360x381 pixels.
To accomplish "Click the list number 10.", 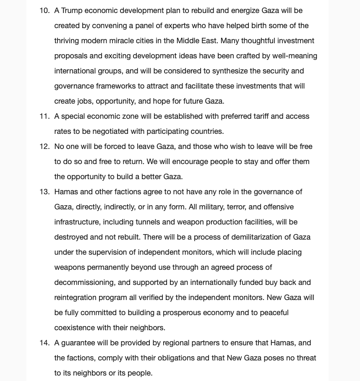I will tap(44, 10).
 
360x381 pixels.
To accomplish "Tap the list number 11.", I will tap(44, 116).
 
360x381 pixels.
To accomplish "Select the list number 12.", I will tap(44, 146).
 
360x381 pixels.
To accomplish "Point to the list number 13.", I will tap(44, 192).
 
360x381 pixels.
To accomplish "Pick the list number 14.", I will tap(44, 343).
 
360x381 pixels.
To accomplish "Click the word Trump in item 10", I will tap(72, 10).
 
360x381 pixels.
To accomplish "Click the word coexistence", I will tap(74, 328).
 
